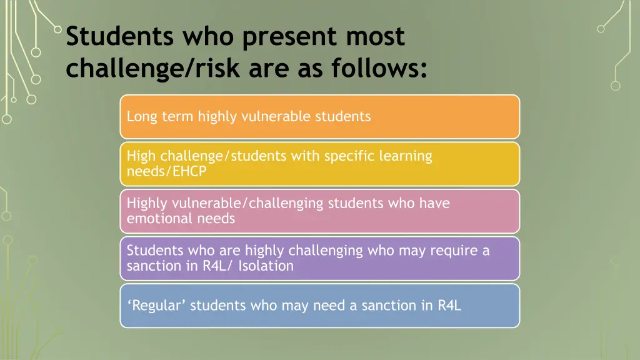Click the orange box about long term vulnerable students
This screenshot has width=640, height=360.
319,117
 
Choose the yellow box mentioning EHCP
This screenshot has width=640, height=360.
319,164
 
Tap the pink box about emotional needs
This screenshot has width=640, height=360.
319,211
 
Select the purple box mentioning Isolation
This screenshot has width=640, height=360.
319,258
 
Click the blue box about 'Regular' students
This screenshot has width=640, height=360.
319,306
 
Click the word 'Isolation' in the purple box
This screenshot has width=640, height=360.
266,266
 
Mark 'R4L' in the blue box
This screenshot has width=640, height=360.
448,306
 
